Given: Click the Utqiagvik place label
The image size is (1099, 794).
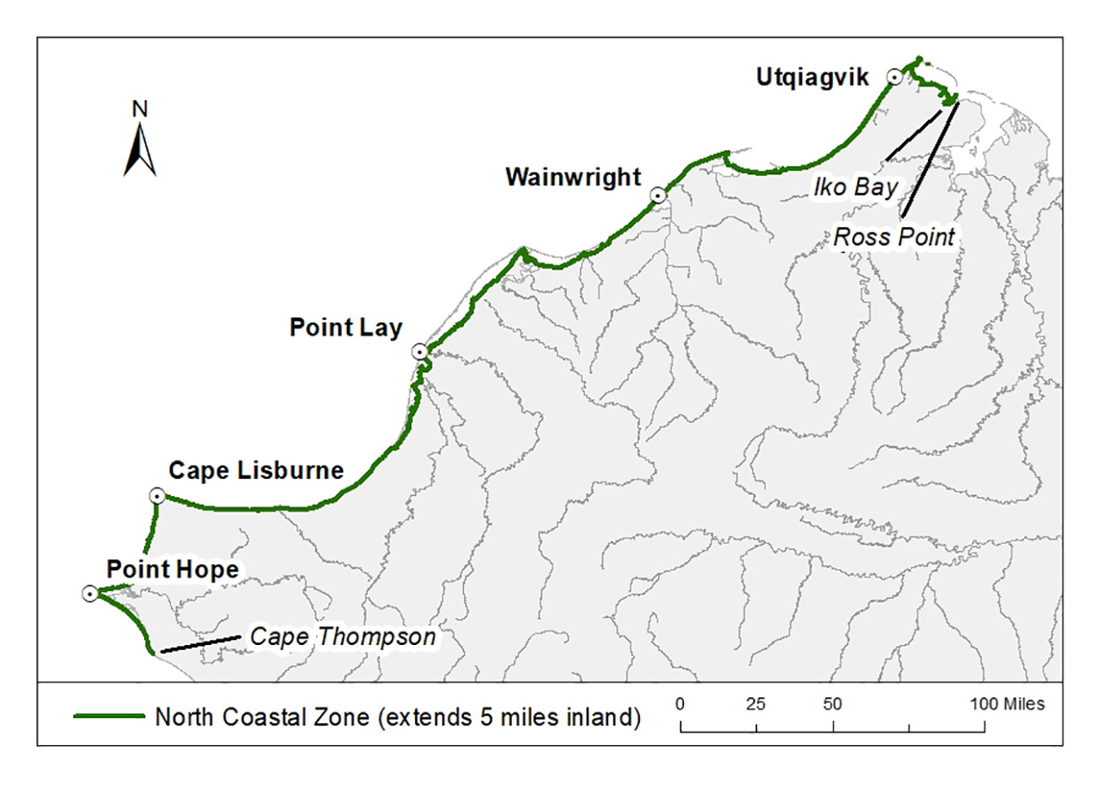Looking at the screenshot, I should click(x=812, y=77).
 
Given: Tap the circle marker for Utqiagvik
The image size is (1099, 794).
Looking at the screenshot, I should click(x=894, y=77).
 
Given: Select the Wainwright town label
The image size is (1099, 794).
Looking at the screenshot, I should click(x=574, y=178).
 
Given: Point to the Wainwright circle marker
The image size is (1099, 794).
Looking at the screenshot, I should click(x=659, y=195).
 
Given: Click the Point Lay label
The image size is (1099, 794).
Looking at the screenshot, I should click(x=346, y=328).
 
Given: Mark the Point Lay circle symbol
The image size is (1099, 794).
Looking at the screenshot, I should click(x=420, y=352).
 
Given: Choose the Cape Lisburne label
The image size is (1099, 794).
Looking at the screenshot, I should click(x=256, y=471).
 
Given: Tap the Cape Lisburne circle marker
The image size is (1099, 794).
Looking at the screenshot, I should click(x=157, y=496).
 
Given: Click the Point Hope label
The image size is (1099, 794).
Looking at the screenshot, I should click(x=173, y=570).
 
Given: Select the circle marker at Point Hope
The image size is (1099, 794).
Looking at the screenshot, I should click(x=90, y=594).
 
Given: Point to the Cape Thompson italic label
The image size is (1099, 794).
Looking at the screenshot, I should click(x=343, y=637).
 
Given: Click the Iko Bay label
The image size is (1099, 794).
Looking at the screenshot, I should click(x=855, y=187).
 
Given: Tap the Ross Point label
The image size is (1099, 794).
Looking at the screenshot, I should click(x=894, y=237).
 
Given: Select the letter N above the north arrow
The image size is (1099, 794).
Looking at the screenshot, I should click(x=141, y=109).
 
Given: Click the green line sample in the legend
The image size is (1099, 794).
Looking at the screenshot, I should click(x=109, y=717).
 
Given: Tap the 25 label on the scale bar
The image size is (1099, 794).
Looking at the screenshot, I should click(x=756, y=704).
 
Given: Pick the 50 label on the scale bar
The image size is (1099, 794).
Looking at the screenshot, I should click(x=833, y=704).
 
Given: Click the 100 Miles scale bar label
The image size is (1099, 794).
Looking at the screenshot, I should click(x=1007, y=704).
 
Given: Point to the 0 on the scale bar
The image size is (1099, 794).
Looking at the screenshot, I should click(x=680, y=704).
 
